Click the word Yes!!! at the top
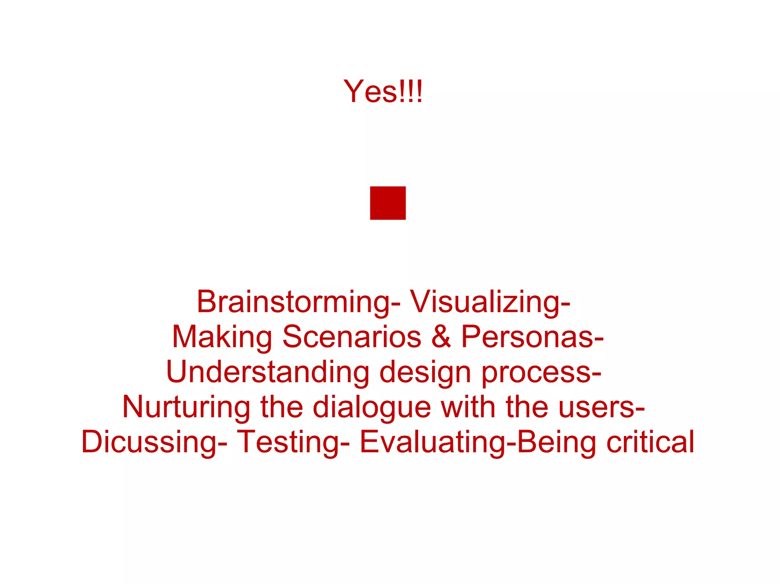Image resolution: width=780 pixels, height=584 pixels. click(383, 91)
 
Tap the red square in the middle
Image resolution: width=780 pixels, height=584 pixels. click(388, 203)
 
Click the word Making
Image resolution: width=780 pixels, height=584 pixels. click(222, 337)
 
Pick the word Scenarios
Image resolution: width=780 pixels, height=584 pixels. click(352, 337)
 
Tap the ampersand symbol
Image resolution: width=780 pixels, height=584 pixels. click(441, 337)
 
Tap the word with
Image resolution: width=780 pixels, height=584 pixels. click(468, 407)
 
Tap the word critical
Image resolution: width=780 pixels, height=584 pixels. click(651, 442)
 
